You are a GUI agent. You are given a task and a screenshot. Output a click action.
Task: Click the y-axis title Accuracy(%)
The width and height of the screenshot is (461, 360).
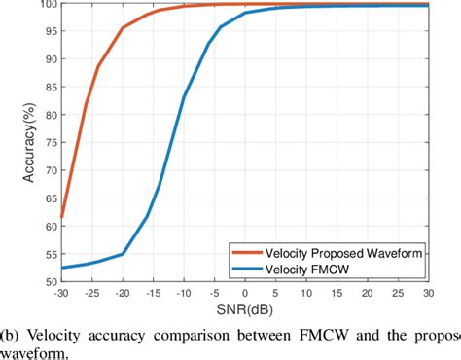tap(13, 143)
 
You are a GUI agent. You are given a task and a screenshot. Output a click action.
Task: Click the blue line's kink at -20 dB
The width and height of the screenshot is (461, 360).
tap(124, 254)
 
